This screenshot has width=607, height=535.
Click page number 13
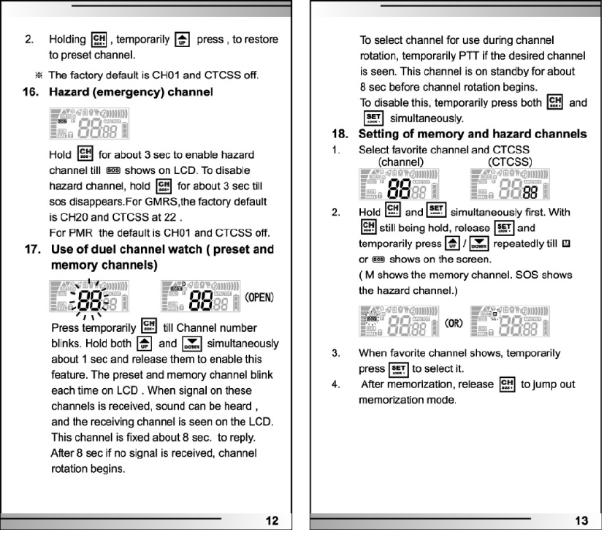click(x=581, y=520)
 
